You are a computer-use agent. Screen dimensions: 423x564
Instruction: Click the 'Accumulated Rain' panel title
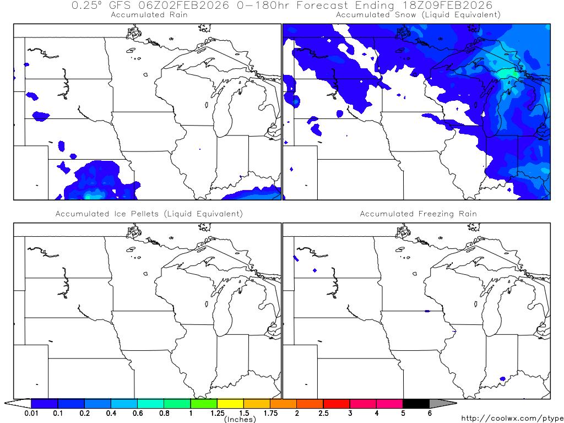149,15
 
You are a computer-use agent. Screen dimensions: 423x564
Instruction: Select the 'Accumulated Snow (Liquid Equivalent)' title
418,15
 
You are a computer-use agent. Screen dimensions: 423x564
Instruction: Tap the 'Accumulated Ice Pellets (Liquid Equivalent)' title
149,214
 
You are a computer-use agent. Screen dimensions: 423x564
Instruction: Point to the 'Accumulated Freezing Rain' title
418,214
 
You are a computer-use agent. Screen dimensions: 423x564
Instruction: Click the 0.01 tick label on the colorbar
31,413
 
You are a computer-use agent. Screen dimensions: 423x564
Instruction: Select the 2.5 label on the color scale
323,413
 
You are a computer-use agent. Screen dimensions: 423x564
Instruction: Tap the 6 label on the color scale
430,413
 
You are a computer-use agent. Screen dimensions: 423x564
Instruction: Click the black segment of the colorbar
416,404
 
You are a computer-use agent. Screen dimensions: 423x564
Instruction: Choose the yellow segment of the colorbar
230,404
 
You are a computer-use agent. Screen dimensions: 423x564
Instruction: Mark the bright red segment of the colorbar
337,404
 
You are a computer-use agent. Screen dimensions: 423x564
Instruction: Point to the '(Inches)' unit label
240,420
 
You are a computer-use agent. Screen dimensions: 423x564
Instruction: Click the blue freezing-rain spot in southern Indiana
502,378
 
